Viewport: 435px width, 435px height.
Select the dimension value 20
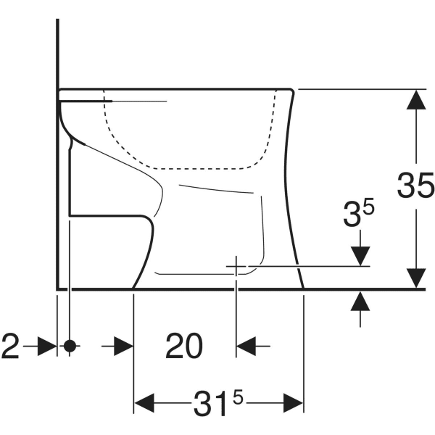pos(183,347)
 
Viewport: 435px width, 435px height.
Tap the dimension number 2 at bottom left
pos(9,347)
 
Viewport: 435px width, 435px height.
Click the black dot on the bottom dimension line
pos(70,346)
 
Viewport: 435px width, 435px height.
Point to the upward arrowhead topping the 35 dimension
pos(415,99)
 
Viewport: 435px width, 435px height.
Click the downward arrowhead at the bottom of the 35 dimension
pos(415,278)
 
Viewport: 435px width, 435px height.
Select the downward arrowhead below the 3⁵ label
pos(360,256)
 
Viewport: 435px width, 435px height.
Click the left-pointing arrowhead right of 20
pos(246,347)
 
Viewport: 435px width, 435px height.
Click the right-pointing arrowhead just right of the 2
pos(46,347)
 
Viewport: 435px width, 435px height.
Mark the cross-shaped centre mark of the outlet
pos(236,266)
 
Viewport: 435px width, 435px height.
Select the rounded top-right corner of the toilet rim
pos(292,90)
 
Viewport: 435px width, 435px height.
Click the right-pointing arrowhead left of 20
pos(123,347)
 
